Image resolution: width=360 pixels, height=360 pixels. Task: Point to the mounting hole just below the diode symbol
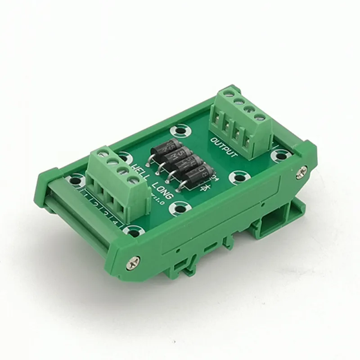[x=181, y=207]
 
